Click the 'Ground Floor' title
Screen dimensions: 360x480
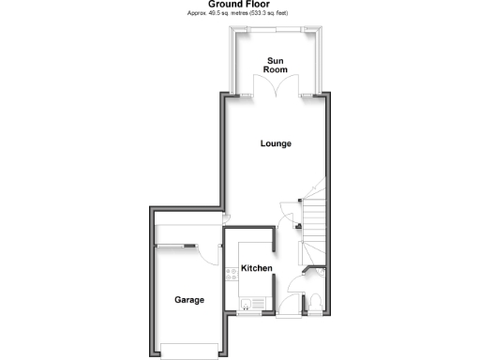click(239, 5)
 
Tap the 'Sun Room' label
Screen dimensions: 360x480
click(276, 65)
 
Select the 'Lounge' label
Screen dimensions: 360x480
click(276, 143)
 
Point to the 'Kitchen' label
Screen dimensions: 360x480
click(257, 269)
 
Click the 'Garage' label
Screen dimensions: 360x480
click(188, 300)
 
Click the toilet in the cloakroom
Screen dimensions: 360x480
click(316, 300)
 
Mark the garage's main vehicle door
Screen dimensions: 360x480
click(190, 348)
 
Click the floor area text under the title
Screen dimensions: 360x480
click(239, 15)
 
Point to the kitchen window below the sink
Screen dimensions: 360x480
click(249, 313)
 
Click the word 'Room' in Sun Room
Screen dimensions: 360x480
click(276, 70)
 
